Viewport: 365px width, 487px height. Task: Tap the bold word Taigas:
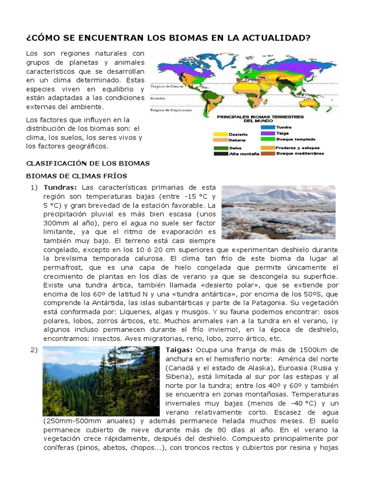[179, 351]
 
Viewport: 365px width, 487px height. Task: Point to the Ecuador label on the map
[158, 98]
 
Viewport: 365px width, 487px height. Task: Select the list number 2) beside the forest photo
[33, 351]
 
